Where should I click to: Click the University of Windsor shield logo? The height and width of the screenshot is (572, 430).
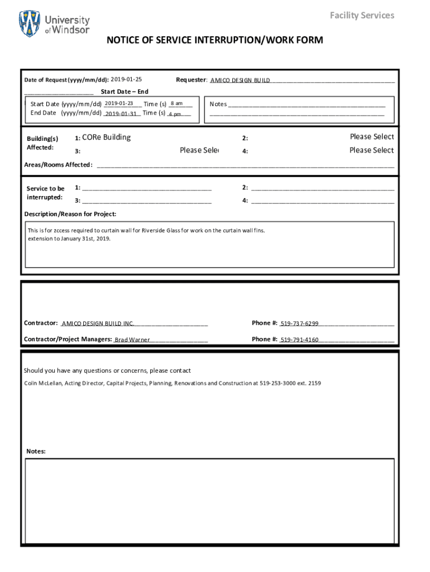click(x=30, y=24)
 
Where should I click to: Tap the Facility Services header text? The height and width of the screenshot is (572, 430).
click(x=362, y=15)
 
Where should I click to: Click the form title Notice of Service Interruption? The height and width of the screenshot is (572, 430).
click(x=215, y=40)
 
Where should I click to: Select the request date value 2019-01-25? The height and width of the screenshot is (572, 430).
click(x=126, y=79)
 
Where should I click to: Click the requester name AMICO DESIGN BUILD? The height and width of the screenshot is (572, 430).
click(x=240, y=80)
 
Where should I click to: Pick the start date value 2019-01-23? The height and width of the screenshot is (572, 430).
click(x=118, y=103)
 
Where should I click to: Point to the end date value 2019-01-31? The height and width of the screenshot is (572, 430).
click(x=121, y=113)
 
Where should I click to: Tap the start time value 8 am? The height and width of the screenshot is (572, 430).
click(x=176, y=103)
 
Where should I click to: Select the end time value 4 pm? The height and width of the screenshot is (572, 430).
click(x=175, y=114)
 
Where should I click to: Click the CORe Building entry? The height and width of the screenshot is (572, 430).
click(x=106, y=137)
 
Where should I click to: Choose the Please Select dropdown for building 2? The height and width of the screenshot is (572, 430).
click(x=371, y=137)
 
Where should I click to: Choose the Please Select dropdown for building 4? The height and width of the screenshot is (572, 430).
click(x=371, y=150)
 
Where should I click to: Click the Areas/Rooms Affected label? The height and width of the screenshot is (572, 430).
click(x=58, y=165)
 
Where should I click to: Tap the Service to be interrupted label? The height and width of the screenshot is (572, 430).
click(x=45, y=193)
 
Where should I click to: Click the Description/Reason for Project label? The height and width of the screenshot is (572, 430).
click(x=70, y=214)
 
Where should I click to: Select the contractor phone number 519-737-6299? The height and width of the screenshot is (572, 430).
click(x=299, y=323)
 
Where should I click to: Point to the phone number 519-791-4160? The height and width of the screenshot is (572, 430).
click(x=299, y=340)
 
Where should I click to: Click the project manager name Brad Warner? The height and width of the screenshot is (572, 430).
click(x=132, y=340)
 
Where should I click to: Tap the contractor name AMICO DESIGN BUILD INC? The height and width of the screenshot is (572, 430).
click(x=98, y=323)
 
